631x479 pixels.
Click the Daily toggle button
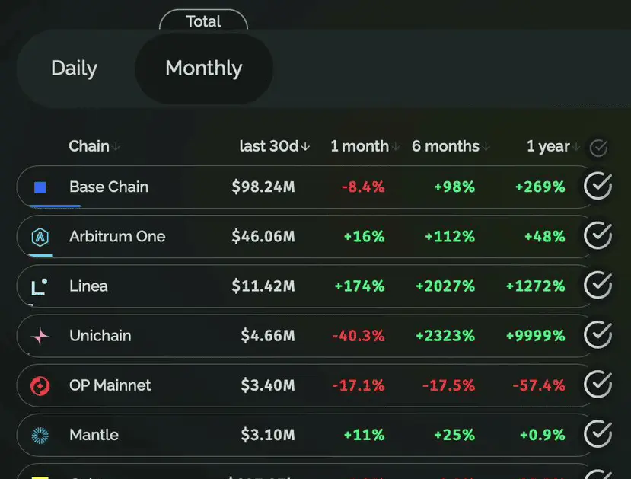[x=74, y=69]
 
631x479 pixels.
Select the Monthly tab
[x=203, y=69]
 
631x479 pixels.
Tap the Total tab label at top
[x=203, y=21]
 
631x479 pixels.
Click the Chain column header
[x=89, y=146]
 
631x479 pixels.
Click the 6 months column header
[x=446, y=146]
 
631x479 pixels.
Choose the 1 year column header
[x=548, y=146]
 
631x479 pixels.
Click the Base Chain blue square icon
[x=40, y=187]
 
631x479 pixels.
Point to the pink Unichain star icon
[x=40, y=337]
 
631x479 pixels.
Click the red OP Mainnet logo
[x=40, y=386]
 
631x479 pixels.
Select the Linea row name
[x=88, y=286]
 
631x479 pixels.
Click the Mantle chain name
[x=94, y=435]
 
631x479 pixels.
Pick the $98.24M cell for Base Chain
[x=263, y=187]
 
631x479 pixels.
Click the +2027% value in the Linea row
[x=445, y=286]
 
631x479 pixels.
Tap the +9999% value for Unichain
[x=536, y=336]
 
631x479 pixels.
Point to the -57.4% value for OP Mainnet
[x=539, y=385]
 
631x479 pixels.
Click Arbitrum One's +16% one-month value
[x=364, y=237]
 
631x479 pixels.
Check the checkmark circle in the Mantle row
[x=598, y=434]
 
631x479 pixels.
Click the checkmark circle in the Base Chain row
[x=598, y=187]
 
